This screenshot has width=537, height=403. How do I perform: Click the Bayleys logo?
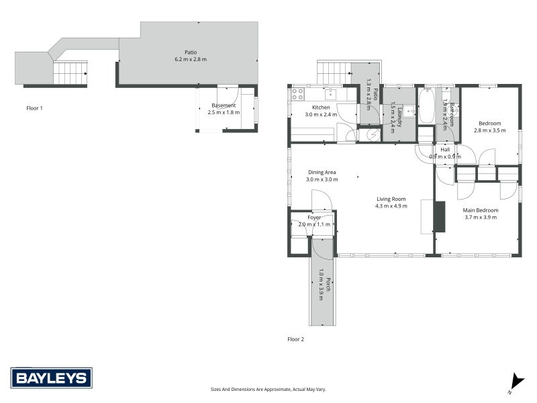tap(51, 378)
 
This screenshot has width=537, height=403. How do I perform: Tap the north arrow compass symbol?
tap(514, 382)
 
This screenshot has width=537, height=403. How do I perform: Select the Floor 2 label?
tap(295, 339)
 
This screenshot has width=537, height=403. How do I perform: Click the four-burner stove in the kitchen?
tap(297, 94)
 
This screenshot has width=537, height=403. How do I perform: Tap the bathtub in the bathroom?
tap(426, 106)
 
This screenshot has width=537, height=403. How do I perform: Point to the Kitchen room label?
tap(321, 107)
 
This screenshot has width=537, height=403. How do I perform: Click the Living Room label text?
tap(391, 199)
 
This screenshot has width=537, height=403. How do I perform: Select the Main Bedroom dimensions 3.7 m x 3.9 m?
tap(480, 217)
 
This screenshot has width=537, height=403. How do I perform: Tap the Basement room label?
tap(224, 105)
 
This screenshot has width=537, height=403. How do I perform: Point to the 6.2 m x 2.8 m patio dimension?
tap(191, 60)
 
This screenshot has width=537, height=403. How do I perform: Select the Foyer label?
tap(314, 218)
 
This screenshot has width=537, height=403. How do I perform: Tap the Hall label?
tap(445, 149)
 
